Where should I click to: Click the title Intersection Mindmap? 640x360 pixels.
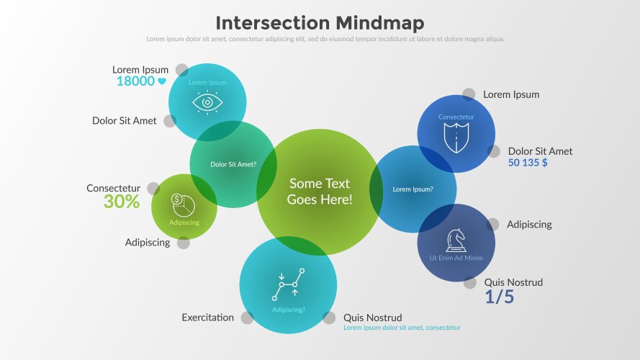coord(320,22)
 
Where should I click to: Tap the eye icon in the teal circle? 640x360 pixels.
coord(207,103)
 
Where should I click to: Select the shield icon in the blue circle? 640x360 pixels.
coord(456,136)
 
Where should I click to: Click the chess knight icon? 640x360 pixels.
coord(456,240)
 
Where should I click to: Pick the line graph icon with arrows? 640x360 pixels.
coord(288,284)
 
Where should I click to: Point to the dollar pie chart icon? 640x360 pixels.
coord(180,204)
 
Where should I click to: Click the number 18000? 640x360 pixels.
coord(135,81)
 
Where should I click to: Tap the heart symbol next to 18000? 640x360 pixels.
coord(162,81)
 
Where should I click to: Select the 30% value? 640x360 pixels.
coord(121,202)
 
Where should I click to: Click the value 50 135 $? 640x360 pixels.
coord(528,163)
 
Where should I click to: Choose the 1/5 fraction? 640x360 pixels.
coord(499,297)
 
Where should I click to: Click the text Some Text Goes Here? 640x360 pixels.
coord(320,192)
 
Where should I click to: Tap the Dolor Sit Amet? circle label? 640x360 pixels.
coord(233,164)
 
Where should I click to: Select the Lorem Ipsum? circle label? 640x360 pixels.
coord(413,189)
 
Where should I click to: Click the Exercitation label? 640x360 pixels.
coord(207,318)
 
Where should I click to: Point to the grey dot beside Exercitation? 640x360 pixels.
coord(247,318)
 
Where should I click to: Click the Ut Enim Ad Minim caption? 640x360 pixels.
coord(456,258)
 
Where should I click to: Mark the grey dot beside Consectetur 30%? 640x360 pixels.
coord(153,189)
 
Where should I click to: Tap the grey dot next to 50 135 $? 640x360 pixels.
coord(494,151)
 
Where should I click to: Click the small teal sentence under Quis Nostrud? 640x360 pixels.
coord(402,328)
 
